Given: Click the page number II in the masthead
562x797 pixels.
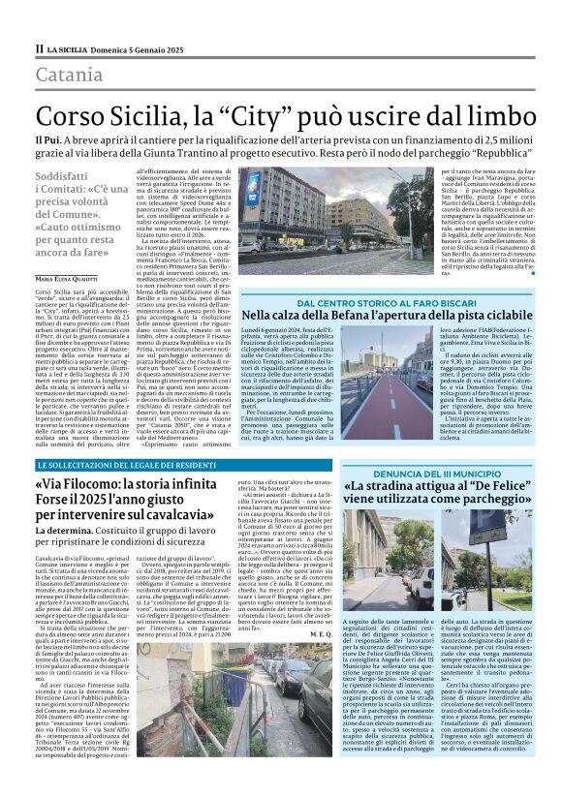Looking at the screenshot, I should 38,47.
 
